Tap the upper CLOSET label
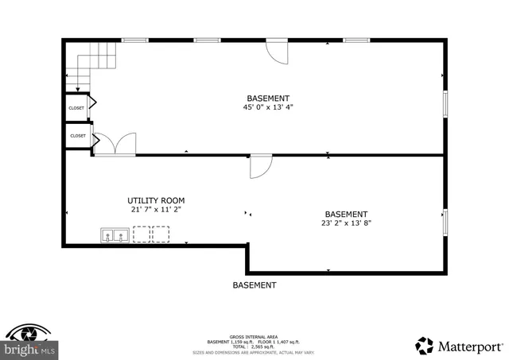pyautogui.click(x=76, y=108)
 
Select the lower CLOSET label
pyautogui.click(x=77, y=136)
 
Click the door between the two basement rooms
pyautogui.click(x=261, y=165)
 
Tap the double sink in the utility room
pyautogui.click(x=115, y=235)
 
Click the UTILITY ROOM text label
pyautogui.click(x=156, y=200)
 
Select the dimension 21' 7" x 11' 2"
pyautogui.click(x=156, y=210)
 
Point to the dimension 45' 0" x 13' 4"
pyautogui.click(x=267, y=107)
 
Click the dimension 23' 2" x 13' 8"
pyautogui.click(x=346, y=223)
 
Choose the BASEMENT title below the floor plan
pyautogui.click(x=254, y=285)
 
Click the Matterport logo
pyautogui.click(x=460, y=345)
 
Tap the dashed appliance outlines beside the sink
pyautogui.click(x=150, y=234)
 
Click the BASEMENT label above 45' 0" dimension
pyautogui.click(x=267, y=98)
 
